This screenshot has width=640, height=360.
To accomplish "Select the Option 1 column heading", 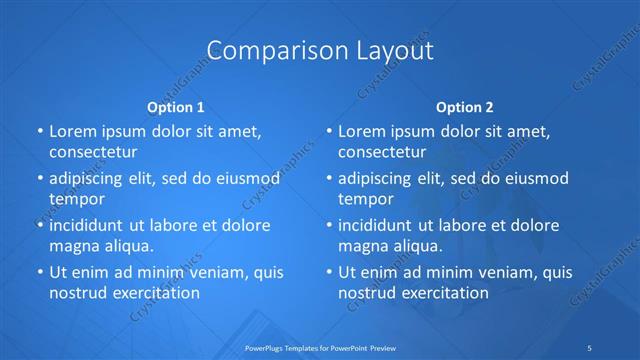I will [x=176, y=106].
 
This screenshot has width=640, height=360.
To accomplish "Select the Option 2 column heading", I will [x=465, y=106].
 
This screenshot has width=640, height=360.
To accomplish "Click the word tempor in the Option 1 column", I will [x=77, y=199].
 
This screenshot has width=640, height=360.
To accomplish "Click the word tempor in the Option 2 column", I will [x=367, y=199].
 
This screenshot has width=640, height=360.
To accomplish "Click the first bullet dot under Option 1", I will [x=39, y=132].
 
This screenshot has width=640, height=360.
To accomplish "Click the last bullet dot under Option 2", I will [x=329, y=272].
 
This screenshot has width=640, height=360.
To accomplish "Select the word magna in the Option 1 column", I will [x=72, y=246].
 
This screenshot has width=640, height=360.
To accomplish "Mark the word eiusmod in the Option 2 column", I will [x=535, y=179].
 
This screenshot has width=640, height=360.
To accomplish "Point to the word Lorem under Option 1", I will [x=72, y=132].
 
